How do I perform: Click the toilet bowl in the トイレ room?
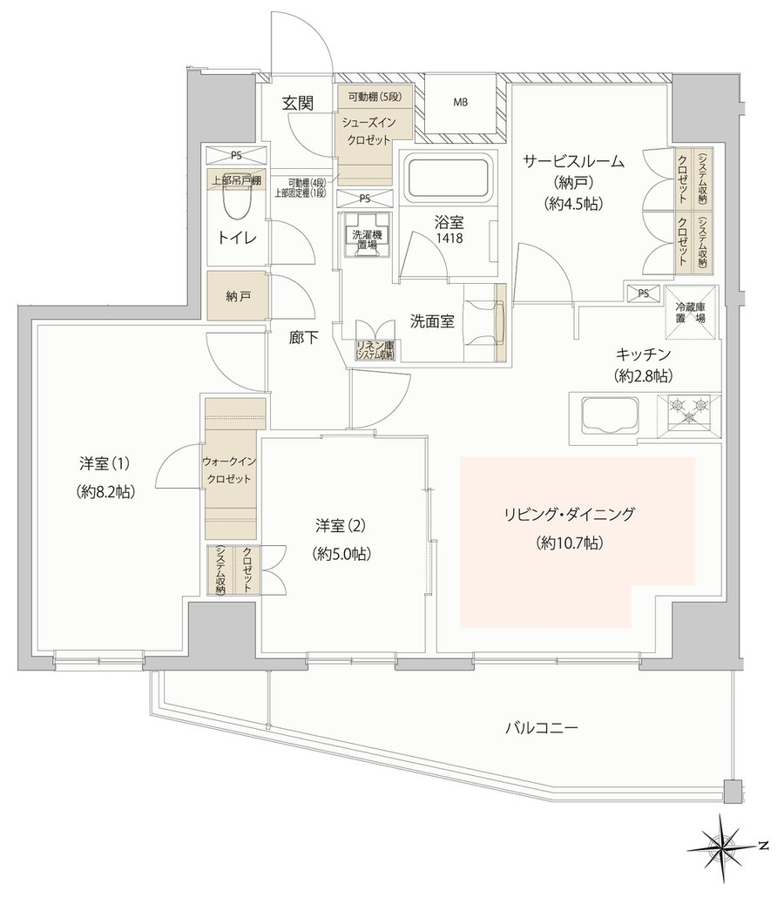coord(236,196)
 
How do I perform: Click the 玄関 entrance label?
coord(298,103)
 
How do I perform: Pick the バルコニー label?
coord(541,728)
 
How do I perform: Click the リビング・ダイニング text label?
coord(569,514)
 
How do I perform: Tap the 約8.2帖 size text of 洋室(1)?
coord(105,491)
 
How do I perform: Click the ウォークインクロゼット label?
coord(229,470)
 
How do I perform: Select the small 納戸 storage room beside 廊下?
coord(237,296)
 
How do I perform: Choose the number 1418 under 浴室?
coord(449,238)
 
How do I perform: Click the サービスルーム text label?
coord(574,161)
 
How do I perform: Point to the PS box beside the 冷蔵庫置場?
coord(643,293)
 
